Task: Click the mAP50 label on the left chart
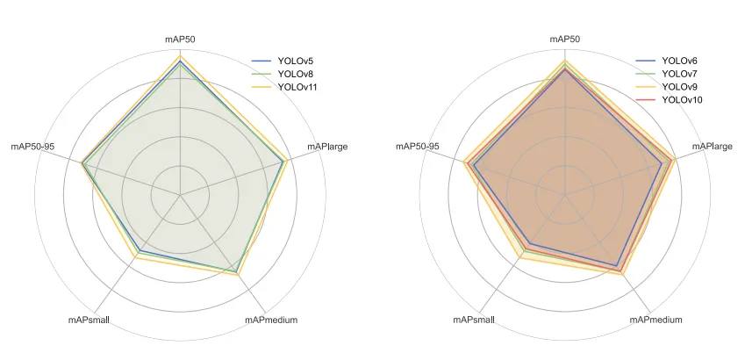click(180, 40)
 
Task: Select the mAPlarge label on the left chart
click(326, 146)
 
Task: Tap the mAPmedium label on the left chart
click(271, 320)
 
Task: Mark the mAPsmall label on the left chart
click(90, 320)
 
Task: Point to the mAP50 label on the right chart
click(564, 40)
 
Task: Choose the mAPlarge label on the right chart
click(712, 146)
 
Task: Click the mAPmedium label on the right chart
click(655, 320)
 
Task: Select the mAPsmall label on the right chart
click(475, 320)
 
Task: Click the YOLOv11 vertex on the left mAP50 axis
click(180, 55)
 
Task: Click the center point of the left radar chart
click(180, 194)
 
